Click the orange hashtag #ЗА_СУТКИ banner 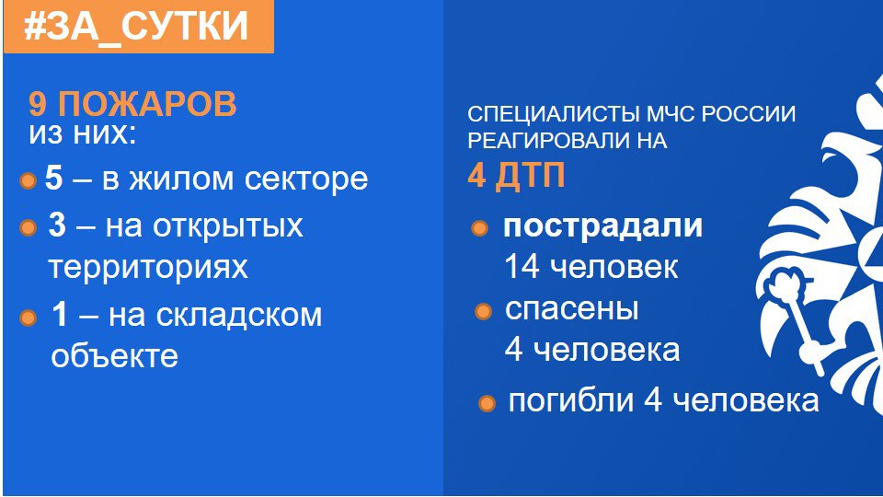click(x=139, y=27)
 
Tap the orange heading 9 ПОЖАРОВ click(x=132, y=104)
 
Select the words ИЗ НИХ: click(x=83, y=134)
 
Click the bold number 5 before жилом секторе click(x=53, y=178)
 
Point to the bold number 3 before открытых click(x=57, y=225)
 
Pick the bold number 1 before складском click(x=59, y=315)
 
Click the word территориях click(x=148, y=267)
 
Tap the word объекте click(x=114, y=356)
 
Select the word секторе click(x=306, y=179)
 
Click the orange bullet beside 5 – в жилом click(x=28, y=181)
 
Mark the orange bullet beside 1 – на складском click(x=28, y=318)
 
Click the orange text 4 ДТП click(x=516, y=175)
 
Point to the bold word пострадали click(x=603, y=226)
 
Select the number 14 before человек click(x=522, y=267)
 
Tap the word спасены click(x=571, y=309)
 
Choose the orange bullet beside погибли click(x=487, y=403)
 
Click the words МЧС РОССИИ click(x=721, y=114)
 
